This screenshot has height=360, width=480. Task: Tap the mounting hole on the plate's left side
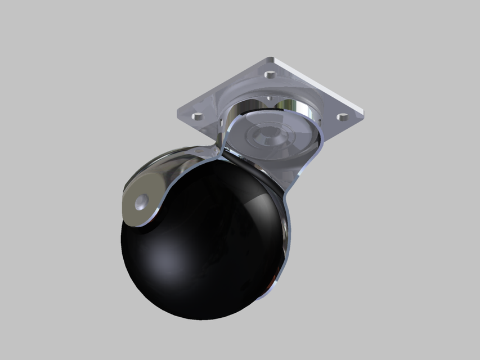click(x=197, y=116)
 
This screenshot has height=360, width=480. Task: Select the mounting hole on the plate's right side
click(x=342, y=117)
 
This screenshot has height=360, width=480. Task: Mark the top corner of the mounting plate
click(x=272, y=58)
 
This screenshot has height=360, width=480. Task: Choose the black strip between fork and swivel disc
click(x=250, y=169)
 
